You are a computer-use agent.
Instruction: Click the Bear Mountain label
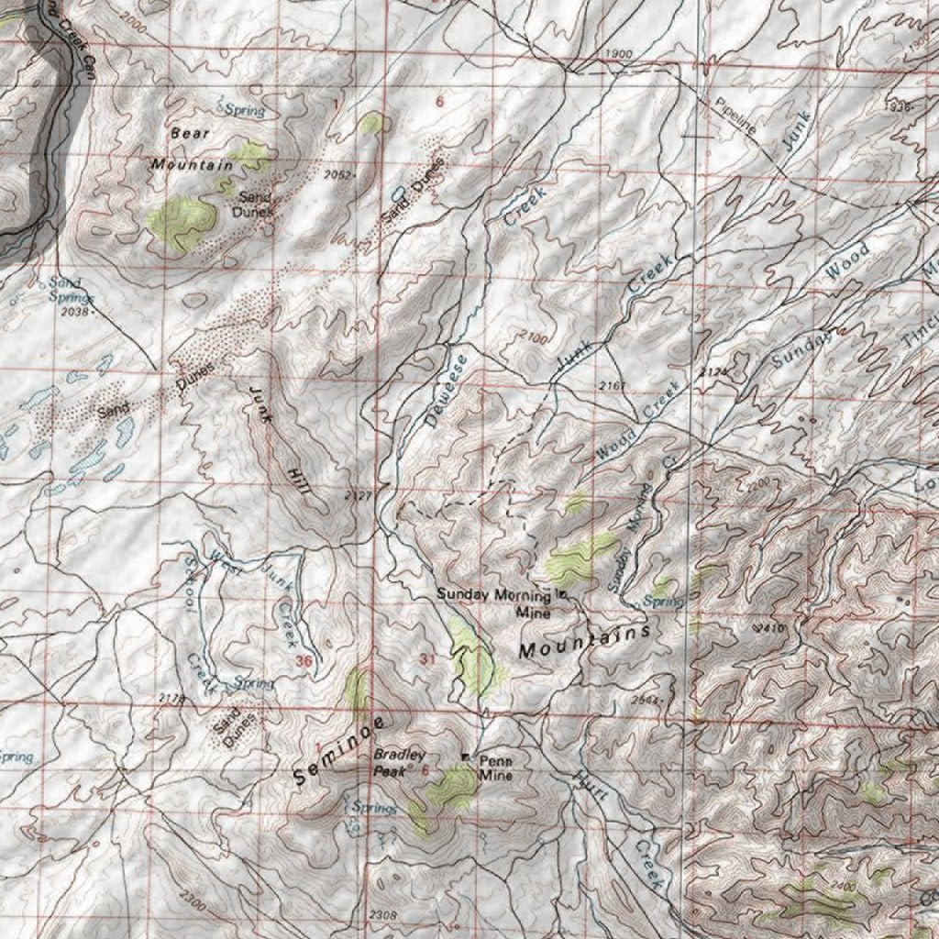pyautogui.click(x=192, y=149)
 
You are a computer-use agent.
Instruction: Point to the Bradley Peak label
pyautogui.click(x=398, y=762)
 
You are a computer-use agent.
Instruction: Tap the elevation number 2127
pyautogui.click(x=359, y=495)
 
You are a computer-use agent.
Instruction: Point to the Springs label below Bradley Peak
pyautogui.click(x=374, y=808)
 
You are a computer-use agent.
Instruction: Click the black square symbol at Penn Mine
pyautogui.click(x=466, y=757)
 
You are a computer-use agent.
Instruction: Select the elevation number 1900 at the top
pyautogui.click(x=619, y=54)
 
